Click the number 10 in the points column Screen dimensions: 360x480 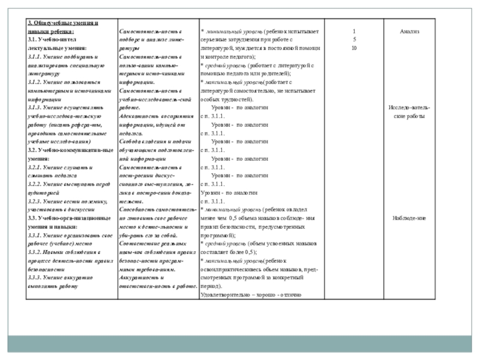(x=354, y=47)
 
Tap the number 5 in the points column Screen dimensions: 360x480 (x=354, y=39)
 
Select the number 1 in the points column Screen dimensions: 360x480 (x=354, y=31)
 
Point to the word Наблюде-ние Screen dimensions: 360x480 (x=410, y=218)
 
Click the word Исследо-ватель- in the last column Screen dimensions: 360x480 (x=409, y=107)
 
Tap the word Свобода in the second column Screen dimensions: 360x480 (x=131, y=142)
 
